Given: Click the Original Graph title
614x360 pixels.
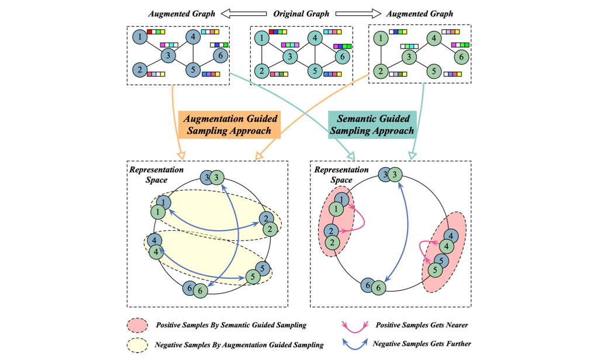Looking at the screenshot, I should (302, 13).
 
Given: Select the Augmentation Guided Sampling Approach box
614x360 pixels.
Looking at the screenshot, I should (230, 124).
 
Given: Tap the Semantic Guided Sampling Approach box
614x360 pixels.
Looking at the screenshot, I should (372, 124).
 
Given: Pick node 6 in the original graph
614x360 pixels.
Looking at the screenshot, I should (343, 57).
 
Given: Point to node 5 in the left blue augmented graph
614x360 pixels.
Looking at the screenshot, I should (193, 71).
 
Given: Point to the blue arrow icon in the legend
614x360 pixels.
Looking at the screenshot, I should (354, 345).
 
